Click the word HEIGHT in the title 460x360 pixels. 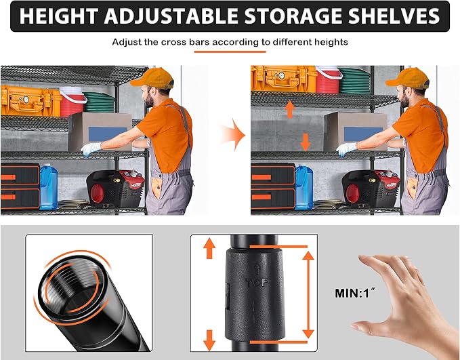click(x=59, y=16)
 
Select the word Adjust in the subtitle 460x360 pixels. click(x=127, y=42)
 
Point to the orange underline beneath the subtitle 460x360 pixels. click(x=230, y=52)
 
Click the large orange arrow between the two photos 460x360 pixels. click(x=233, y=135)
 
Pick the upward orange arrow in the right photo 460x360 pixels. click(x=289, y=110)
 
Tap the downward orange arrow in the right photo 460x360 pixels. click(x=306, y=142)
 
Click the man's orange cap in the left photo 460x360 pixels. click(x=153, y=79)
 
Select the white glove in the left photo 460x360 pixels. click(x=91, y=149)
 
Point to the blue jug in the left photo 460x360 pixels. click(x=48, y=187)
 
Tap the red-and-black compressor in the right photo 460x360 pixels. click(x=371, y=187)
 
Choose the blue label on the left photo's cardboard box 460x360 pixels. click(x=107, y=134)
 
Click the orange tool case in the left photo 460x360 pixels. click(x=30, y=101)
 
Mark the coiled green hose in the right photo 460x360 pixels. click(x=354, y=81)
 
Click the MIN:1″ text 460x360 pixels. click(x=355, y=293)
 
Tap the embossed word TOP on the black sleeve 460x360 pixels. click(x=257, y=283)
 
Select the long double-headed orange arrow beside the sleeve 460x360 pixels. click(x=308, y=294)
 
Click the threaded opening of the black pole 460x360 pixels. click(x=71, y=285)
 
